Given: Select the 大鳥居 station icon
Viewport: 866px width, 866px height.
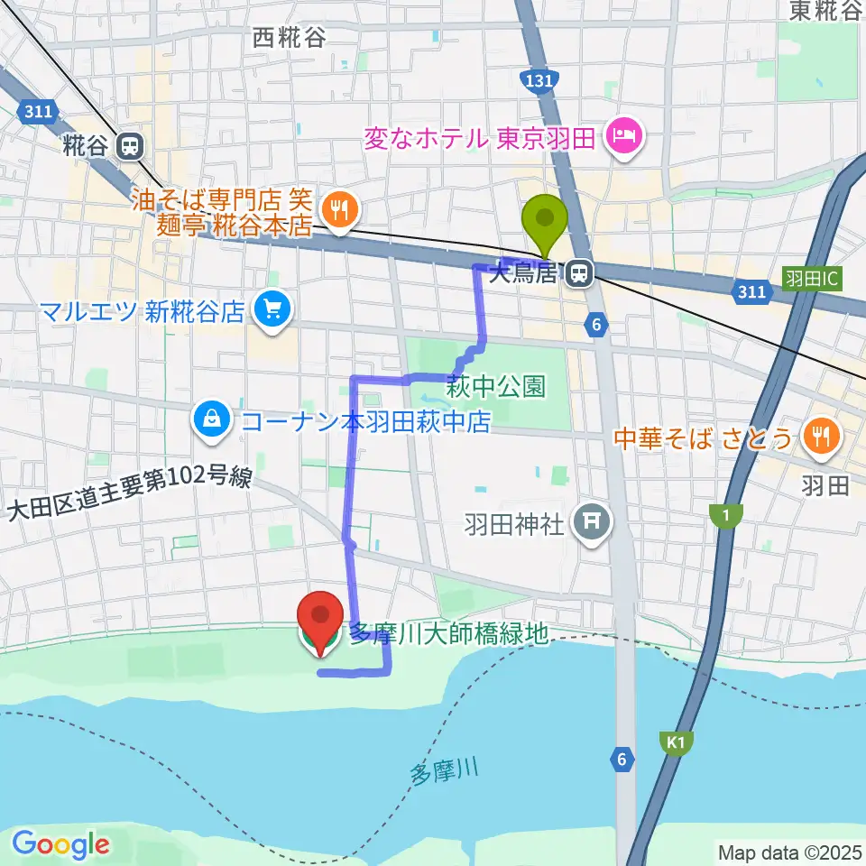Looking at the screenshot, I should (x=578, y=272).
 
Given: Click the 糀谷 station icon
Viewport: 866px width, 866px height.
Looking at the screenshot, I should (x=132, y=146).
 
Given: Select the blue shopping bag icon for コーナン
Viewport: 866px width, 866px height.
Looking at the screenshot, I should (x=211, y=419).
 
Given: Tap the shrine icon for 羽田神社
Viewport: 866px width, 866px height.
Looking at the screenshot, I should (x=592, y=521).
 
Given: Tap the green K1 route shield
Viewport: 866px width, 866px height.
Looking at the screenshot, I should (x=677, y=742).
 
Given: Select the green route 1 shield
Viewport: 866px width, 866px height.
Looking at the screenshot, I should (x=723, y=515).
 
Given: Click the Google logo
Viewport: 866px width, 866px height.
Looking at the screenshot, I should (x=60, y=844).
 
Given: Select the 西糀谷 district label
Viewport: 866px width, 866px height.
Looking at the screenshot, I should (x=290, y=38).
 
